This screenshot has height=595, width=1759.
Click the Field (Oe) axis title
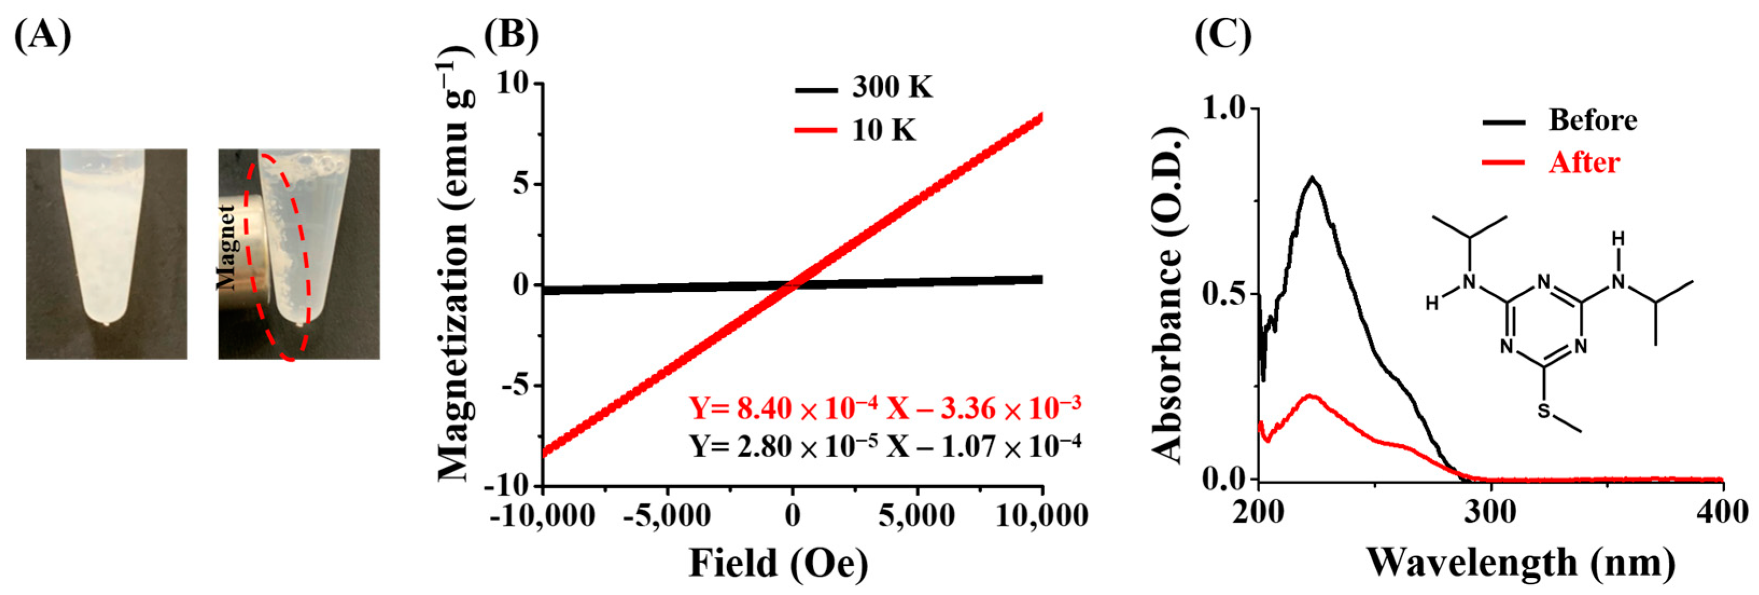(778, 564)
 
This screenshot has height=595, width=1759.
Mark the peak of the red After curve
(1311, 396)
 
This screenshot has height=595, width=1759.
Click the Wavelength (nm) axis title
(1520, 564)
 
